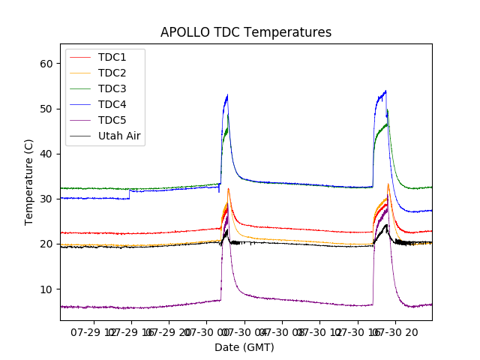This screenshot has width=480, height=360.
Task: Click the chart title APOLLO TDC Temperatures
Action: [246, 32]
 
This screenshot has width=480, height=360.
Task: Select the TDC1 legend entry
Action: [112, 57]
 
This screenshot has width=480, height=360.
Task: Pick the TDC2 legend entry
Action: [112, 73]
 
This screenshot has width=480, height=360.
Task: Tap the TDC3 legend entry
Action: [112, 88]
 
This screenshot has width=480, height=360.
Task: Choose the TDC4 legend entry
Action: [112, 104]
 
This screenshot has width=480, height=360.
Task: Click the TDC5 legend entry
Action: [112, 120]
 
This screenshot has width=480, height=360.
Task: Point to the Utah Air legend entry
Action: [119, 136]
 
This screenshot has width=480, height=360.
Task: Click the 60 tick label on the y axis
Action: [46, 64]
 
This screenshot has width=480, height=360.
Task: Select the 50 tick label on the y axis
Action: [46, 109]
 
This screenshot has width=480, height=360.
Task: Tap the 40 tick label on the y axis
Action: [46, 154]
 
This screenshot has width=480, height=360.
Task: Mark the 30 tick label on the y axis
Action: [46, 199]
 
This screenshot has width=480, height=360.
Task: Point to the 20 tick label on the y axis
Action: [46, 244]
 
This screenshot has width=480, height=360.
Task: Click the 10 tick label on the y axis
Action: [46, 289]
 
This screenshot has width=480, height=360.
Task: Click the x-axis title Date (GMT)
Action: [244, 347]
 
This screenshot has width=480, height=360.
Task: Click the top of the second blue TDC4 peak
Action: [385, 91]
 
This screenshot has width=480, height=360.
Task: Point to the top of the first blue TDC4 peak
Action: [227, 95]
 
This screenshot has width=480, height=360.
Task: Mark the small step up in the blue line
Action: [130, 193]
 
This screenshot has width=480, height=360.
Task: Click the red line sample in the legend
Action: [82, 57]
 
